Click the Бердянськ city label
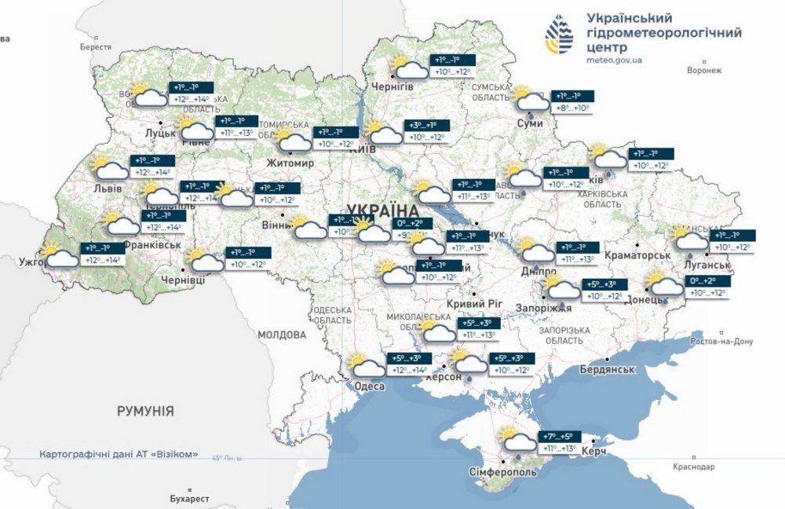pyautogui.click(x=607, y=368)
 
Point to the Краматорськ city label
pyautogui.click(x=637, y=256)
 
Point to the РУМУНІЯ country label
pyautogui.click(x=145, y=411)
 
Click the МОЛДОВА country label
pyautogui.click(x=282, y=335)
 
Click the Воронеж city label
pyautogui.click(x=703, y=71)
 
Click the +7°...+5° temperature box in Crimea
pyautogui.click(x=559, y=437)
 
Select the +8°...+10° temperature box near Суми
pyautogui.click(x=572, y=108)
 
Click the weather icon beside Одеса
pyautogui.click(x=366, y=366)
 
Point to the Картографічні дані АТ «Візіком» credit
pyautogui.click(x=118, y=455)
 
